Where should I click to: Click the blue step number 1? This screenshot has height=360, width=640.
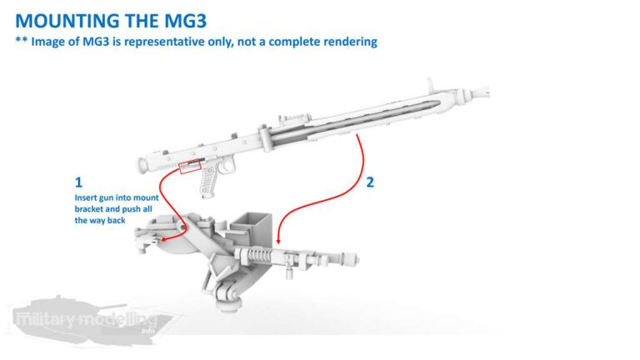[78, 182]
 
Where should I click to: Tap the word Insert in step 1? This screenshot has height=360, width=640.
[86, 198]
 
